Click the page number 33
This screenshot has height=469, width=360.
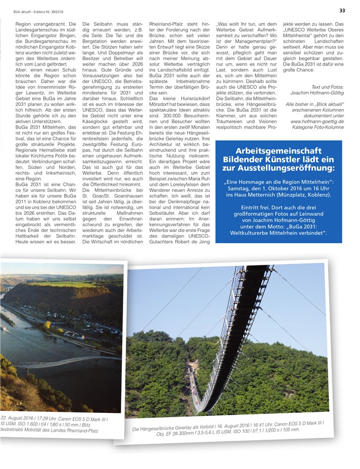click(x=342, y=10)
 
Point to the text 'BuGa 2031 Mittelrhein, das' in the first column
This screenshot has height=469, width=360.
click(x=45, y=127)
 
